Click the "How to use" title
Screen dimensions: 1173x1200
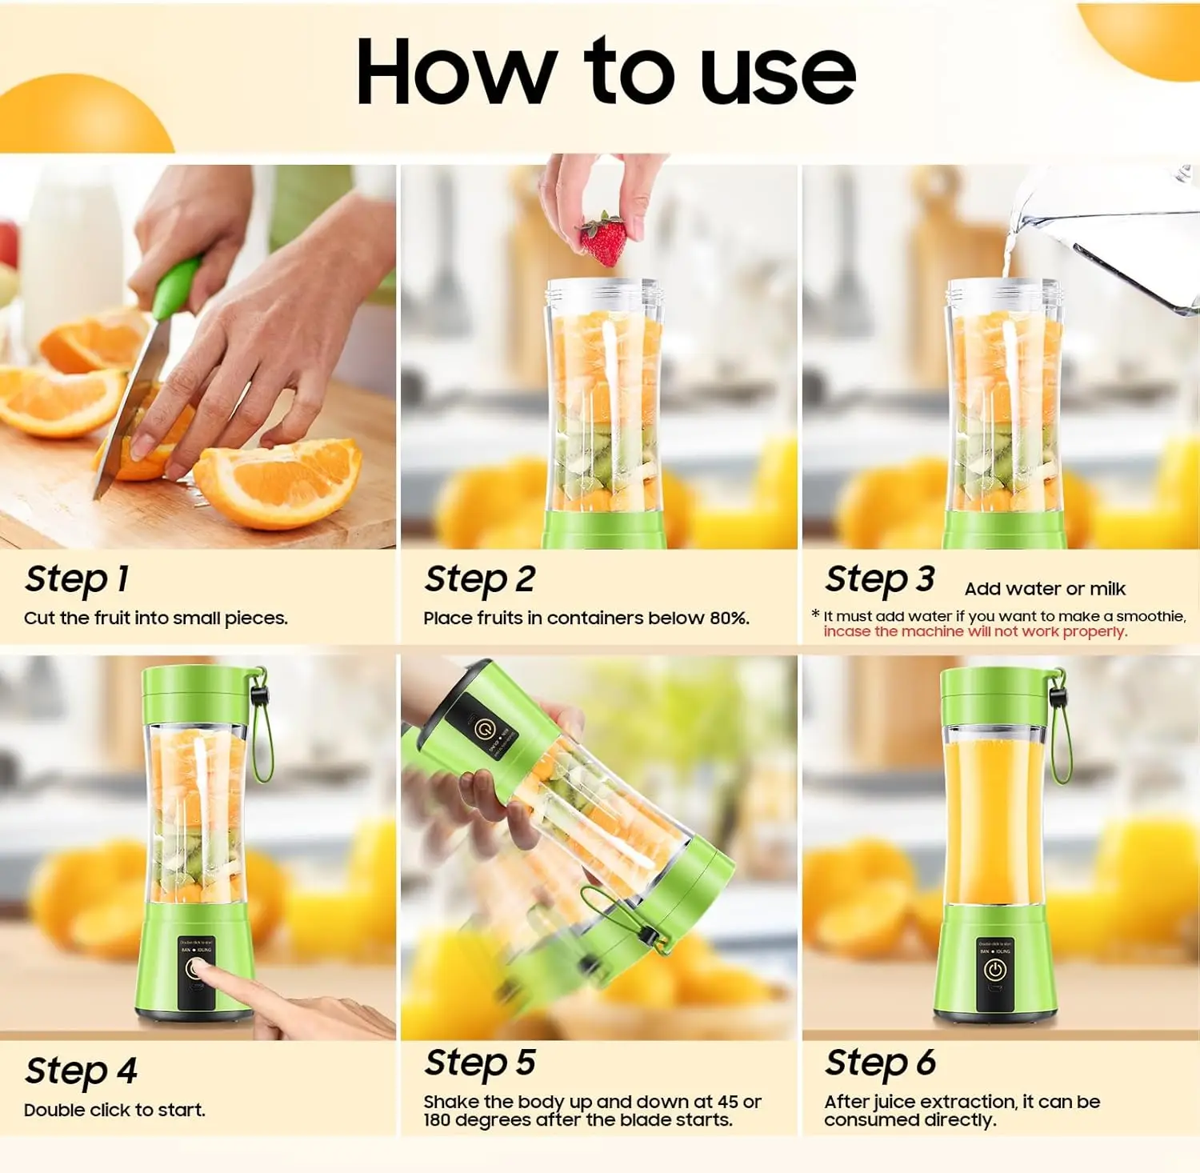606,72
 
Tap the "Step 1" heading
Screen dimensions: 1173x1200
77,579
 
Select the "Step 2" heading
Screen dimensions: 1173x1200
480,579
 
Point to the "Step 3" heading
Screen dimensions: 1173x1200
880,579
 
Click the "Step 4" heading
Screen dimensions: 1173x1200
81,1071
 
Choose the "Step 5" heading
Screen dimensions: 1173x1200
480,1063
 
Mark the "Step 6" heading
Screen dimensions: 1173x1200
880,1063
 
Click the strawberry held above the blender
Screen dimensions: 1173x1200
603,241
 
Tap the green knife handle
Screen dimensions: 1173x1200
176,288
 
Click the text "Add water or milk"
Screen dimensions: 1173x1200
1045,589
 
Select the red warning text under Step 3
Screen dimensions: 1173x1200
975,631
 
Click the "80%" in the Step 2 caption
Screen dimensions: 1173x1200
729,618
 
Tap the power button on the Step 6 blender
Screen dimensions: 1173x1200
994,971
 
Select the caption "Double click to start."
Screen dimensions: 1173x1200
114,1110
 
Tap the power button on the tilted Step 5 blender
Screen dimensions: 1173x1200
484,729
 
